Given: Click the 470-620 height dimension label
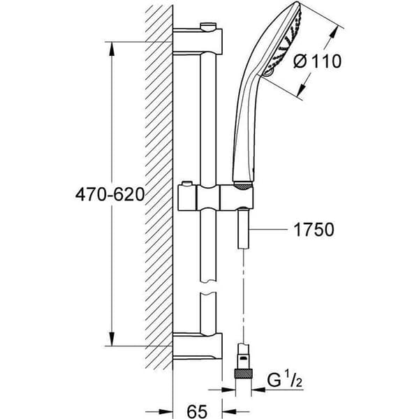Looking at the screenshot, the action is point(110,194).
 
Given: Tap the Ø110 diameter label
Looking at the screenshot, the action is point(317,61).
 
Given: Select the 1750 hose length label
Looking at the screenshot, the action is point(314,229).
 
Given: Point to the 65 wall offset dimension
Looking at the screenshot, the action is point(197,411).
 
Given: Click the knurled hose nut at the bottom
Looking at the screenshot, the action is point(244,373).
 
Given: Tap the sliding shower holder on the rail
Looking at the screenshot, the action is point(215,198).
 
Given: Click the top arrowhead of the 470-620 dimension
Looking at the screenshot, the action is point(112,49).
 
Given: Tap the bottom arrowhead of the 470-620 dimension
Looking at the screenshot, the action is point(112,339).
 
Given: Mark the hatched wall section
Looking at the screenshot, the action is point(159,187).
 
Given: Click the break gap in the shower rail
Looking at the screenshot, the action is point(208,287).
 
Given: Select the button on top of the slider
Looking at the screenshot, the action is point(187,184).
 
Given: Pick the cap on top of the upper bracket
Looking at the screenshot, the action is point(207,26).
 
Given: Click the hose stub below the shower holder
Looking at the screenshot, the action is point(244,230).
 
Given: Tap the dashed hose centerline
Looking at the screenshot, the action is point(244,296).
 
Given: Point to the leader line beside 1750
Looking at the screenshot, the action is point(269,229).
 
